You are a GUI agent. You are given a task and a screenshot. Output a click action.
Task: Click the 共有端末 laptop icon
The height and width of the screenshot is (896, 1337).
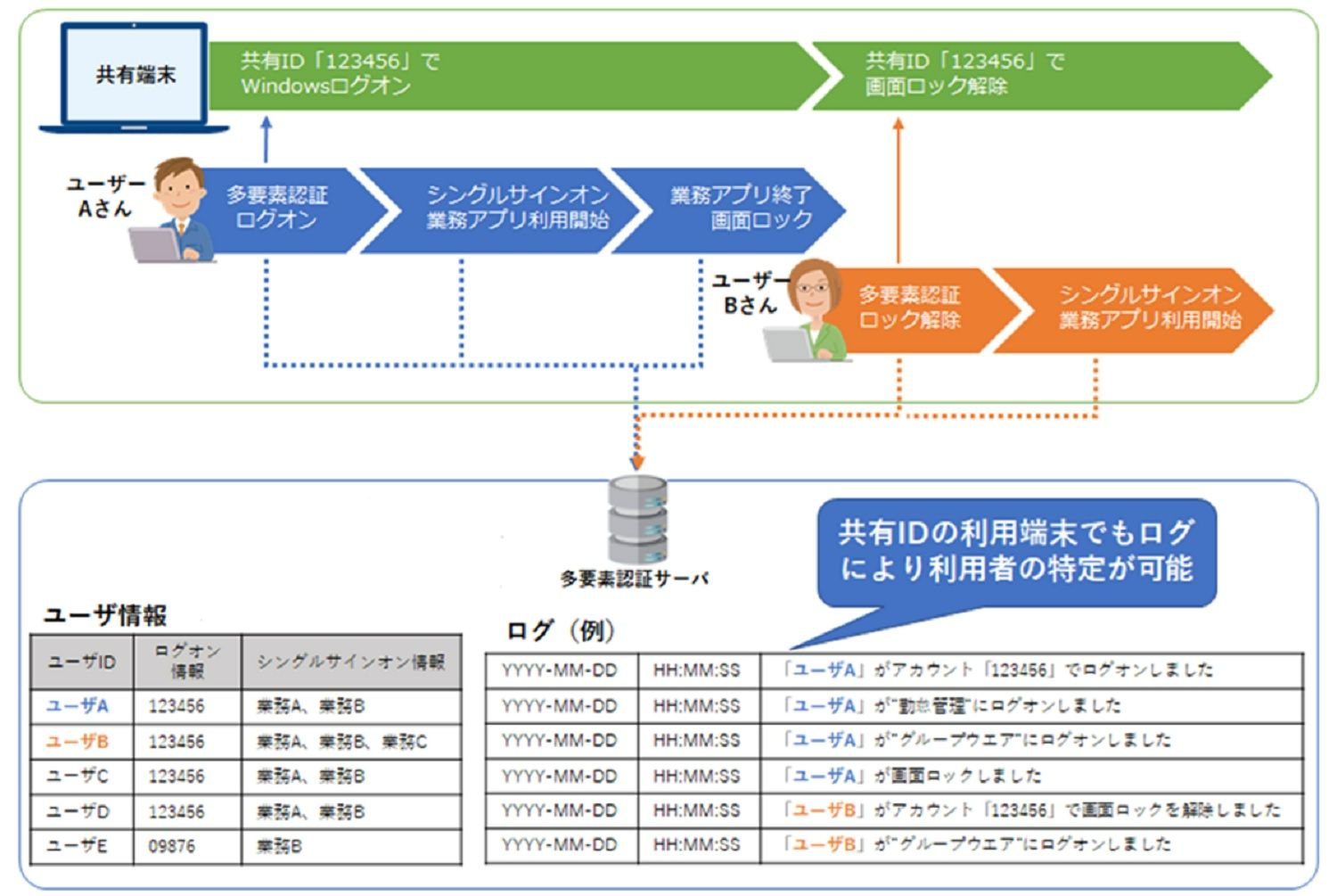pyautogui.click(x=134, y=77)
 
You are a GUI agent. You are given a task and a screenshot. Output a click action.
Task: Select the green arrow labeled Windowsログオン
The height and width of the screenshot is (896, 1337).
pyautogui.click(x=508, y=75)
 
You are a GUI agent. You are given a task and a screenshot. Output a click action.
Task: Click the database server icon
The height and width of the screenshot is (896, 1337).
pyautogui.click(x=636, y=518)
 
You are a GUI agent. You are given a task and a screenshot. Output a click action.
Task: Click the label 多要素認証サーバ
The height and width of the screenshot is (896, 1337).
pyautogui.click(x=634, y=580)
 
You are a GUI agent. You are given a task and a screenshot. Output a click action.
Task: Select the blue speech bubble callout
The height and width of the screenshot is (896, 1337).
pyautogui.click(x=1016, y=551)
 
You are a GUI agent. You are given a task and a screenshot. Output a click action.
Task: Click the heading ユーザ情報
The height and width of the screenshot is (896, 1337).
pyautogui.click(x=105, y=615)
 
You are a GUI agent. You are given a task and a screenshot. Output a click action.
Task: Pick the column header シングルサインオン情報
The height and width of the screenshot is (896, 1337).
pyautogui.click(x=350, y=662)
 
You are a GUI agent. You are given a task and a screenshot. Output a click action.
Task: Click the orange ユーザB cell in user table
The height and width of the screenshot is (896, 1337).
pyautogui.click(x=78, y=742)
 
